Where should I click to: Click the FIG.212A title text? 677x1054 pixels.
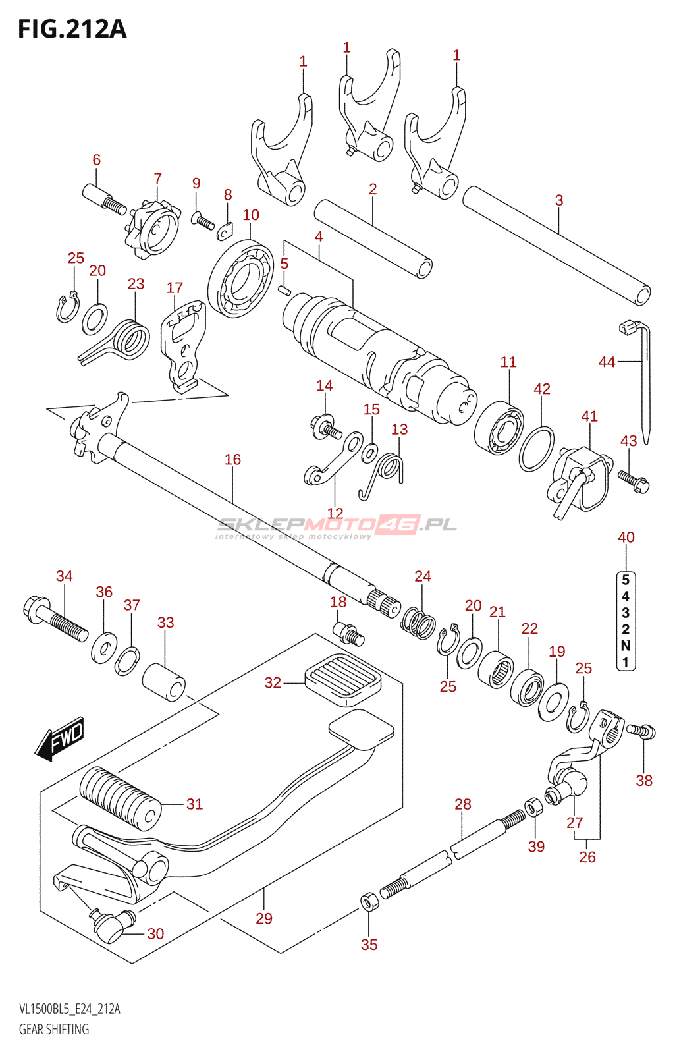click(x=72, y=29)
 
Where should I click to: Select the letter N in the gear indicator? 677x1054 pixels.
click(x=626, y=646)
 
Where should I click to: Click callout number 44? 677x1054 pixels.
click(x=607, y=362)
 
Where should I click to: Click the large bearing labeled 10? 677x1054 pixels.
click(x=241, y=279)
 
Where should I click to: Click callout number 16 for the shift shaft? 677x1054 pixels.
click(x=232, y=459)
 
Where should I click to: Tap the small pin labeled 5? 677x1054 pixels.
click(x=285, y=290)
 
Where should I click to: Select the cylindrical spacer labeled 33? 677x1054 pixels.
click(x=163, y=682)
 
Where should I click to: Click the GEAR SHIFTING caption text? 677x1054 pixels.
click(x=54, y=1029)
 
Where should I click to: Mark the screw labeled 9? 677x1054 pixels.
click(x=202, y=220)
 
